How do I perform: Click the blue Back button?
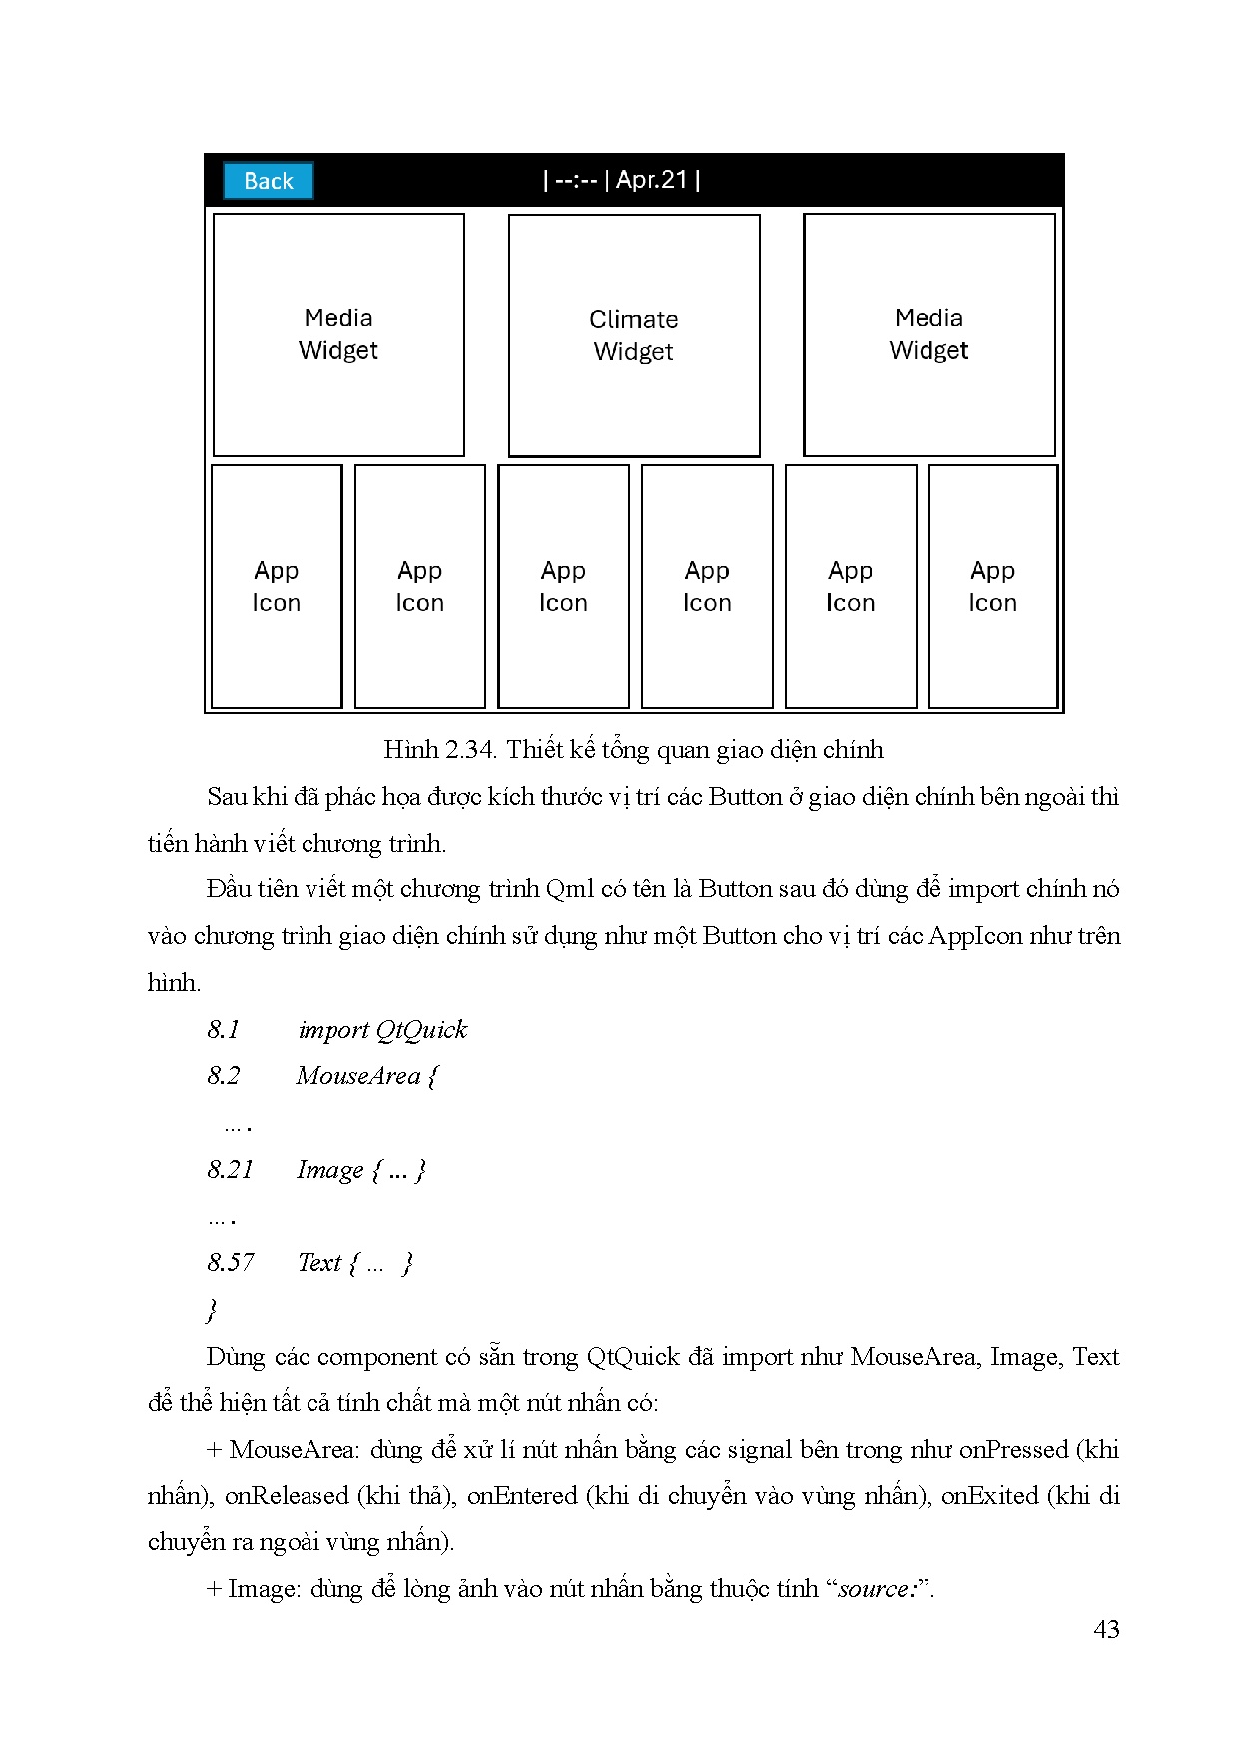click(x=268, y=181)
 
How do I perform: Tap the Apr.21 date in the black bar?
click(x=651, y=180)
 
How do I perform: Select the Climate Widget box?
click(x=634, y=335)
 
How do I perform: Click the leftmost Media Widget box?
click(x=338, y=334)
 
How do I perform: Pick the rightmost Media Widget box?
click(x=928, y=334)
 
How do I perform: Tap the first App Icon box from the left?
click(x=277, y=586)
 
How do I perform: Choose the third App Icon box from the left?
click(x=563, y=586)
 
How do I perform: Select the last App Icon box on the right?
click(x=992, y=586)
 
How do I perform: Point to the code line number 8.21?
click(x=231, y=1170)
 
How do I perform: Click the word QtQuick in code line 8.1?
click(x=422, y=1030)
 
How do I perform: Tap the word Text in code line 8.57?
click(x=319, y=1263)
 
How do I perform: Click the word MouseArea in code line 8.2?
click(x=358, y=1076)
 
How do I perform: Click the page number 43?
click(x=1106, y=1630)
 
